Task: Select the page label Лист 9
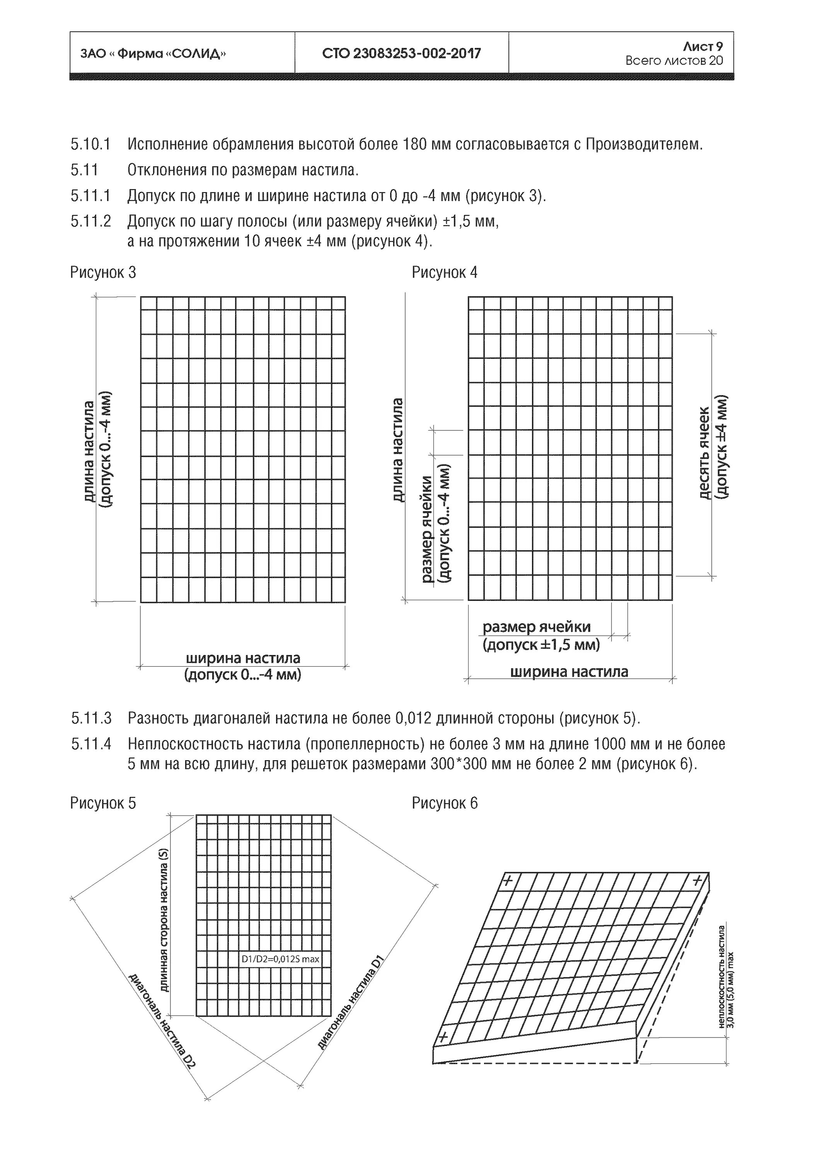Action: click(x=702, y=46)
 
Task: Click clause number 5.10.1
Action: click(x=90, y=145)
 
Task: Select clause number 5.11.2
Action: click(x=91, y=221)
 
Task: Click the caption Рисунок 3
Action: click(x=103, y=273)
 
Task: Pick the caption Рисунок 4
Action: click(x=444, y=273)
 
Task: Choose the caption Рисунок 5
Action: click(x=103, y=803)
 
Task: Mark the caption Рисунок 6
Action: click(x=445, y=803)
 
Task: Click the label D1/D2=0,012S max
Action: click(x=280, y=959)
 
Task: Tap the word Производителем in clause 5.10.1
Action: click(x=644, y=145)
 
